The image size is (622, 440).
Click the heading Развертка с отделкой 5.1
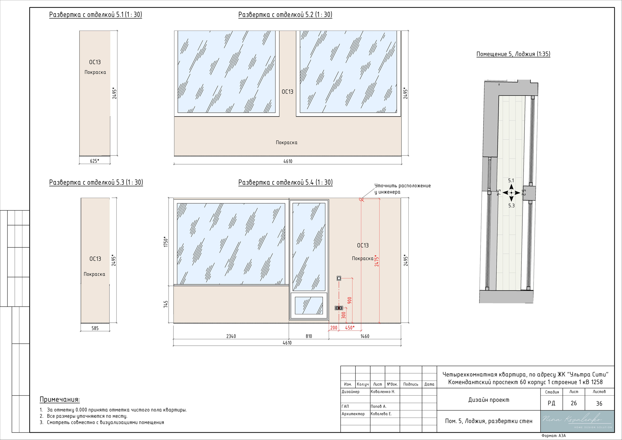[95, 15]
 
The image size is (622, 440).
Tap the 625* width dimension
[95, 161]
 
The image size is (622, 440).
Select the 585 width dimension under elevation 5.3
[95, 328]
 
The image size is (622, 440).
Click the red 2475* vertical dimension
[377, 260]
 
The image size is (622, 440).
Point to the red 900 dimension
[349, 300]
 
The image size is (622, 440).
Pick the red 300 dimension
[344, 315]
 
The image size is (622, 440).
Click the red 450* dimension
[350, 328]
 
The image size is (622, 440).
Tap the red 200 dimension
[334, 328]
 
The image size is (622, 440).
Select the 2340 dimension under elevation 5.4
[231, 336]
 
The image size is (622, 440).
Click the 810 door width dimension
[309, 336]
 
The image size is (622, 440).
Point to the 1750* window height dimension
[166, 242]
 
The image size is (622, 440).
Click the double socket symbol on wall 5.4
[339, 308]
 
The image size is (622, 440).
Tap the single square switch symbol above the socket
[339, 278]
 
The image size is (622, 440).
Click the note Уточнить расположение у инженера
[403, 189]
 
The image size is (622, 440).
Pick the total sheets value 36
[599, 403]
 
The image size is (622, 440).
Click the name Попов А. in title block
[379, 406]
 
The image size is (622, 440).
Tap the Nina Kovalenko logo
[577, 421]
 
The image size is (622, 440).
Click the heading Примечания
[60, 400]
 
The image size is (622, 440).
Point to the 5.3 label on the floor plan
[511, 206]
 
